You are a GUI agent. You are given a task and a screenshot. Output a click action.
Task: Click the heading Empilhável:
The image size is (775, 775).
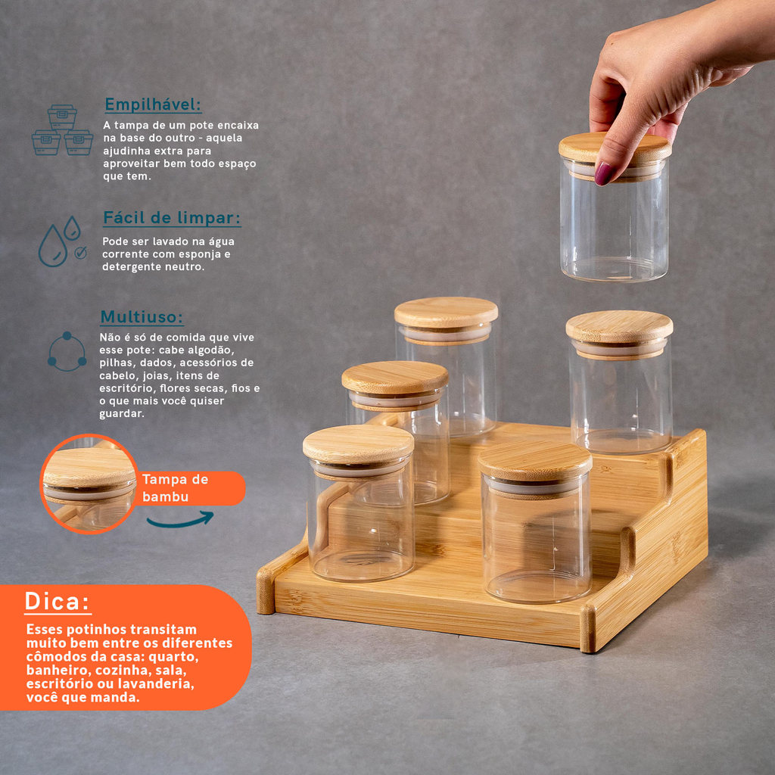tap(153, 104)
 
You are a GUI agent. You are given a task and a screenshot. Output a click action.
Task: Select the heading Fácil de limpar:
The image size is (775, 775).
tap(172, 218)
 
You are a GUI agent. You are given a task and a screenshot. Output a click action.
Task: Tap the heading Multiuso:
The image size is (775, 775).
tap(142, 317)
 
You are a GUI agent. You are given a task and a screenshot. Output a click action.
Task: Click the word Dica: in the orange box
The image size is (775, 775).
tap(58, 602)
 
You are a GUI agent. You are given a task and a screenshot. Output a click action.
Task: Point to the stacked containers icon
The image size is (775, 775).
tap(62, 130)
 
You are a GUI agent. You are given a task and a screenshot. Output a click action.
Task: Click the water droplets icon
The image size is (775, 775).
tap(61, 241)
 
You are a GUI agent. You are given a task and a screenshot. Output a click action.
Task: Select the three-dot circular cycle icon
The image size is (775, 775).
tap(67, 352)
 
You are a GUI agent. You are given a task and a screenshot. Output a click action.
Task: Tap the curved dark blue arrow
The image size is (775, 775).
tap(180, 520)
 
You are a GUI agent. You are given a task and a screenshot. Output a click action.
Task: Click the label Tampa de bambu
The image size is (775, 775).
tap(175, 487)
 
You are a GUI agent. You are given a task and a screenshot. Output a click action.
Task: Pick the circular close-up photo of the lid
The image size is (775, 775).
tap(89, 484)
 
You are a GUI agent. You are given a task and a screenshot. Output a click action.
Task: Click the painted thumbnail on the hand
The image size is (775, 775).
tap(603, 174)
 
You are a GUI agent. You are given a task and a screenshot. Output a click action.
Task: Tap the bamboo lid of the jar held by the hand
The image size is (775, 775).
tap(615, 148)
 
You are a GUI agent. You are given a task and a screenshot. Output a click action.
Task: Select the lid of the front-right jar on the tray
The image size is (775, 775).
tap(535, 461)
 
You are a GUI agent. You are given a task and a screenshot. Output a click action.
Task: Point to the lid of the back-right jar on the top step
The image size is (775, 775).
tap(619, 327)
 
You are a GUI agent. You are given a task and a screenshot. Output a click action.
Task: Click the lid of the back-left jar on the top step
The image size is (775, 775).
tap(446, 313)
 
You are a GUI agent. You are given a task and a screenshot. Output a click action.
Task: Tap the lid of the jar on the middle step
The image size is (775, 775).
tap(395, 378)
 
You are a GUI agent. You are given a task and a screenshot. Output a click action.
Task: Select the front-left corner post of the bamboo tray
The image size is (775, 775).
tap(266, 591)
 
